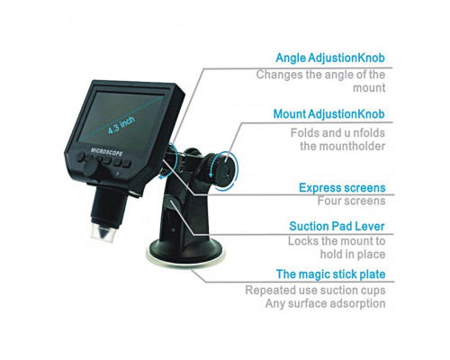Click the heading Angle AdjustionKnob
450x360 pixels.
coord(330,58)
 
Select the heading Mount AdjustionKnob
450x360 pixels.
coord(328,114)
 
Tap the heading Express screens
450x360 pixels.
coord(342,188)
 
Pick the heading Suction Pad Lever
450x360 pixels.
coord(337,226)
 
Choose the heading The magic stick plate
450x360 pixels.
coord(330,274)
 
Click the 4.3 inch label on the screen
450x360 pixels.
coord(121,125)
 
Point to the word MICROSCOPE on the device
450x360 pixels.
coord(106,151)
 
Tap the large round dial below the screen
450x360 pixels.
coord(90,167)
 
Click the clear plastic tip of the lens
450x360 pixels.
coord(103,232)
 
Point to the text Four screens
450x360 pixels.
coord(351,201)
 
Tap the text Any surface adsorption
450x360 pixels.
coord(325,303)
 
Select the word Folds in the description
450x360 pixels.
coord(301,133)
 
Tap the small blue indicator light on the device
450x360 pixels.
coord(119,173)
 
